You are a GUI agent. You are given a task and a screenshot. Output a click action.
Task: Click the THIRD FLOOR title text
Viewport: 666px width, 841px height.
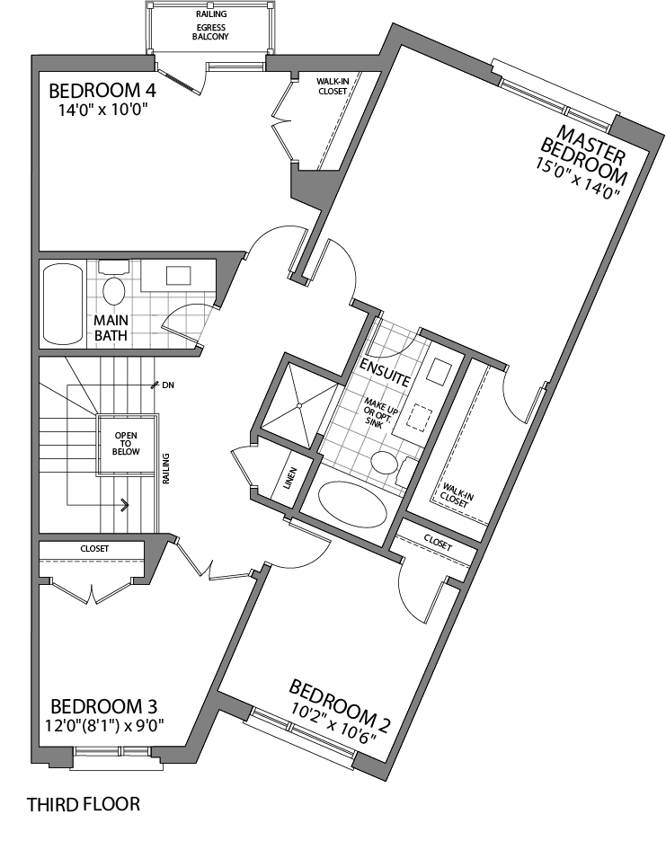pos(84,804)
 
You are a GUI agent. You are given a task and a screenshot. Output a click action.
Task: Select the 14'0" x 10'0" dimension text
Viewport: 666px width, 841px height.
pos(101,111)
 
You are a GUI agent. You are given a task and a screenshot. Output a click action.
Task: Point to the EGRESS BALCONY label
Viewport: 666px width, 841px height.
pos(210,31)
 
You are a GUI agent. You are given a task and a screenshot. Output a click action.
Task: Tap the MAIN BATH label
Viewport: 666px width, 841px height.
pos(112,328)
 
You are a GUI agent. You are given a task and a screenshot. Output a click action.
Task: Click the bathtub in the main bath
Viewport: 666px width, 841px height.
pos(62,304)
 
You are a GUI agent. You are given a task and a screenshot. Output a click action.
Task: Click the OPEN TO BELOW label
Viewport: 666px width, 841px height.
pos(126,443)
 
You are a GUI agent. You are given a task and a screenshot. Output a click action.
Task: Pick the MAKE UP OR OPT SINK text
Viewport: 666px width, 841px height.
pos(376,414)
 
